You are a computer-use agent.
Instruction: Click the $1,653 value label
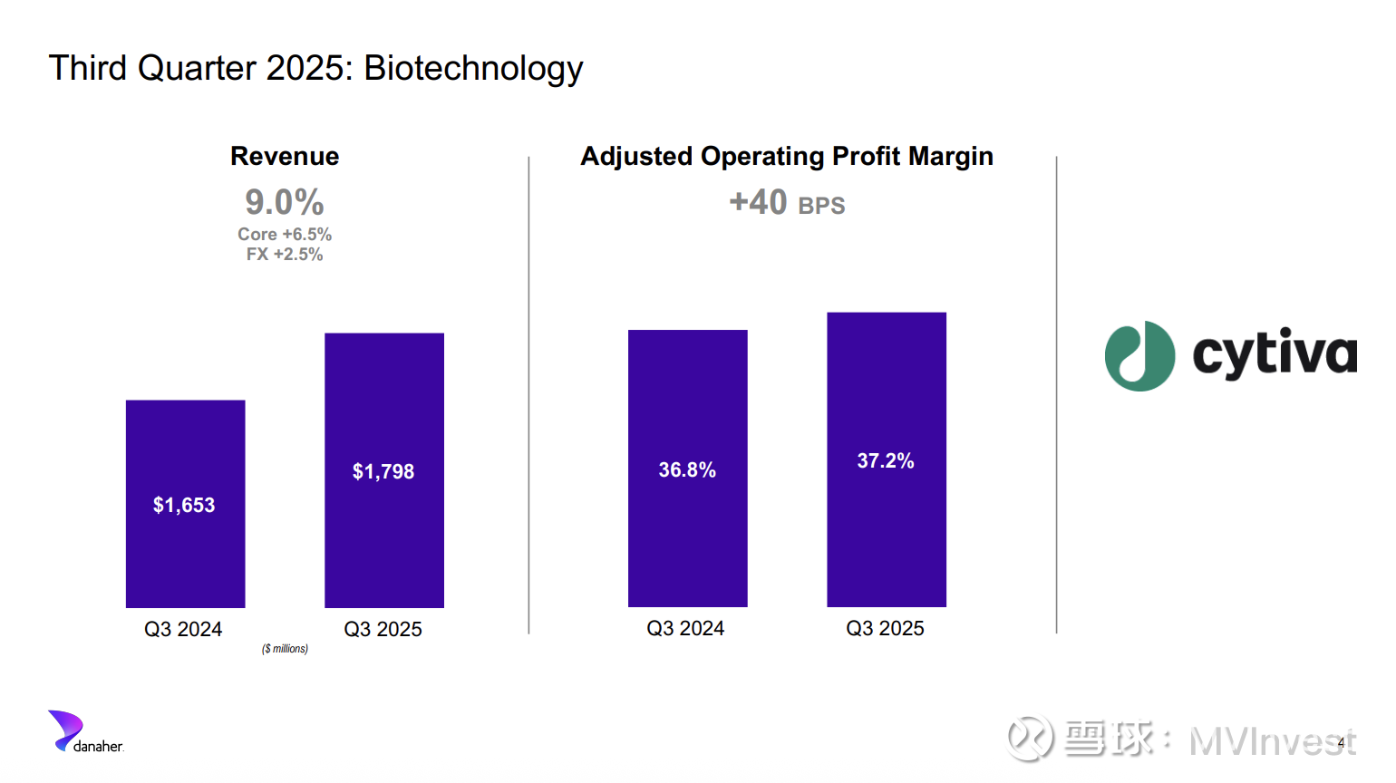184,506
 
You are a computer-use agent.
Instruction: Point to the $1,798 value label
383,472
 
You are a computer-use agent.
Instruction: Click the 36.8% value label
687,470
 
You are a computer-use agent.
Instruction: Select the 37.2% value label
886,461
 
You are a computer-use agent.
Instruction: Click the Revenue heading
285,157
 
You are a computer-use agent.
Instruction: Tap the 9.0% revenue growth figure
285,202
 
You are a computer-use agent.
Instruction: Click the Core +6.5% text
285,235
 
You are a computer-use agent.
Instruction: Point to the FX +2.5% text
285,255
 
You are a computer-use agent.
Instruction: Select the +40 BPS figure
787,203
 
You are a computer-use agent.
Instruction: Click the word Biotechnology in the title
473,69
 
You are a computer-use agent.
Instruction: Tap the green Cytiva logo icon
1139,356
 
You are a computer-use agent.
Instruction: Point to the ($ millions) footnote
285,649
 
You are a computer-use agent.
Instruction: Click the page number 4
1342,743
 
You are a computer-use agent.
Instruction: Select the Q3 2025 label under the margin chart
885,629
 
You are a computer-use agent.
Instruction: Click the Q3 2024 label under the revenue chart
183,630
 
